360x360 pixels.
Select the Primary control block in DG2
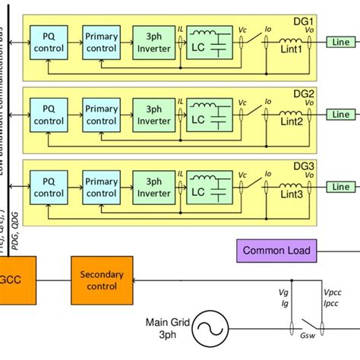pyautogui.click(x=101, y=115)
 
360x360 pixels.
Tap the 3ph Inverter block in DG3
pyautogui.click(x=154, y=187)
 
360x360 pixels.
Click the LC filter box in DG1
pyautogui.click(x=207, y=43)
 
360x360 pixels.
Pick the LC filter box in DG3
pyautogui.click(x=207, y=189)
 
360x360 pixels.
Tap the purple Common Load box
pyautogui.click(x=273, y=250)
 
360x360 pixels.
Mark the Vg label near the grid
pyautogui.click(x=284, y=292)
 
